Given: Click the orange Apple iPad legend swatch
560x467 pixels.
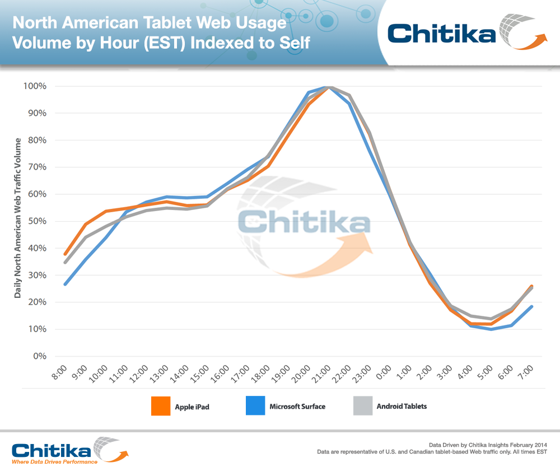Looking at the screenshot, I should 161,406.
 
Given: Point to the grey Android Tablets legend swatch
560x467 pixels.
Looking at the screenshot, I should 363,406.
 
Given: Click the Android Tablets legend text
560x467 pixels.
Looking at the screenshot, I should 401,406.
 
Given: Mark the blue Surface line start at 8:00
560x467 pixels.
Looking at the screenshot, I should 66,284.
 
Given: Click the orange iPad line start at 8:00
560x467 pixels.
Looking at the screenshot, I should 66,254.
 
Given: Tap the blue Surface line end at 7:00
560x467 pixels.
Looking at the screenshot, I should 531,307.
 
